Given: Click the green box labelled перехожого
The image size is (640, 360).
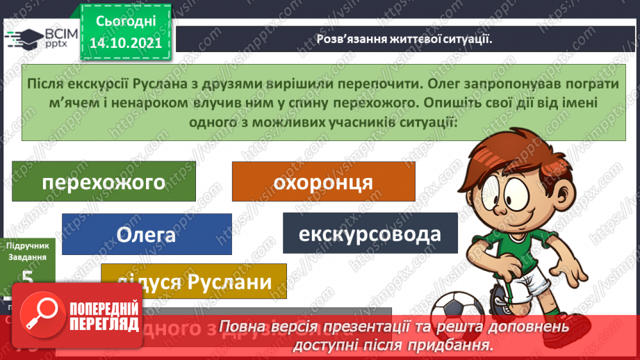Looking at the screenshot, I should click(104, 182).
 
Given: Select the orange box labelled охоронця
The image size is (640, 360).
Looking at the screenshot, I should click(323, 182).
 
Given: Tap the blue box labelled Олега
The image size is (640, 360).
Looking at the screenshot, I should click(145, 234).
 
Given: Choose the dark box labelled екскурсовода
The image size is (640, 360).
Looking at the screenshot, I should click(370, 234).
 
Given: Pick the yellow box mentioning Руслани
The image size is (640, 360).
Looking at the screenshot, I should click(194, 282).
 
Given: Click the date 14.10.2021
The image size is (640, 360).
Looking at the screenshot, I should click(124, 42).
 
